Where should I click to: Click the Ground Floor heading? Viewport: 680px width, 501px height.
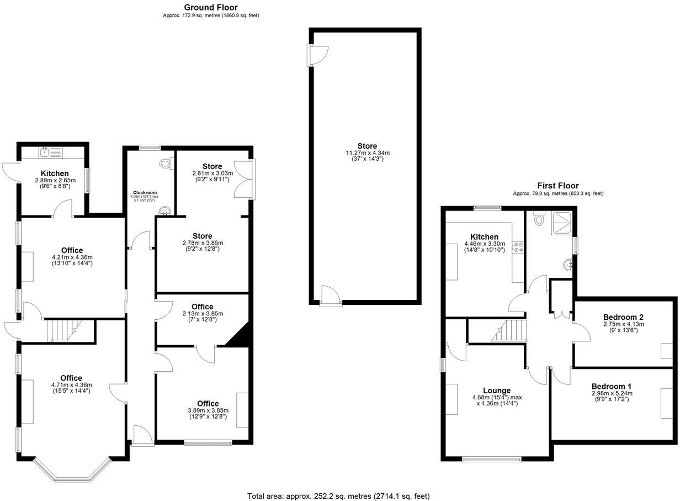point(211,7)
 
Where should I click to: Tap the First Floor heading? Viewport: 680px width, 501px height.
point(558,186)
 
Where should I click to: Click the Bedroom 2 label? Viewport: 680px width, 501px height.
point(623,317)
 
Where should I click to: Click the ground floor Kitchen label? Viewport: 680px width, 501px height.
point(55,173)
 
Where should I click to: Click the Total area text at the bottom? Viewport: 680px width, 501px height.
point(338,496)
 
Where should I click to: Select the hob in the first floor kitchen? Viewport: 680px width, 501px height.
point(518,247)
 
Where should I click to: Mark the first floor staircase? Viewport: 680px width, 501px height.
point(508,331)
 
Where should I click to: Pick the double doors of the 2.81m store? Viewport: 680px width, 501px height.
point(244,180)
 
